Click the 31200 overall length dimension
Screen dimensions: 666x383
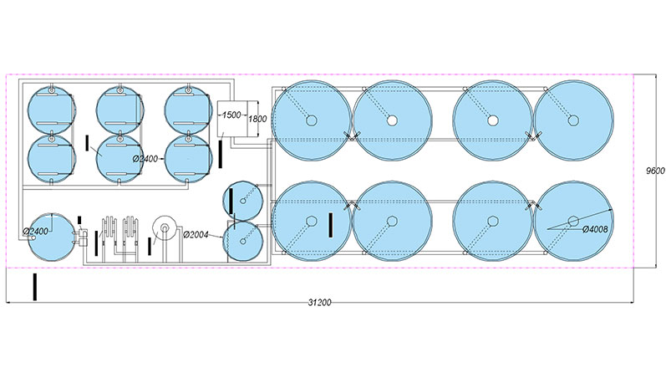pyautogui.click(x=319, y=303)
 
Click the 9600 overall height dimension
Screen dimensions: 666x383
pyautogui.click(x=655, y=171)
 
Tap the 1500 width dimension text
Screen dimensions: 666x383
pyautogui.click(x=231, y=115)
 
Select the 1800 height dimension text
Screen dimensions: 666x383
pyautogui.click(x=257, y=119)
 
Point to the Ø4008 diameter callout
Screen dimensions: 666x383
pyautogui.click(x=595, y=229)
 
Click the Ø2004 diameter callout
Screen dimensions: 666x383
pyautogui.click(x=196, y=234)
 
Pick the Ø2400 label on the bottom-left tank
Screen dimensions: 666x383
pyautogui.click(x=36, y=232)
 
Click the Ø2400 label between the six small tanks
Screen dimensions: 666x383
pyautogui.click(x=145, y=159)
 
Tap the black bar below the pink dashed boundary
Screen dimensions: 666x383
pyautogui.click(x=35, y=287)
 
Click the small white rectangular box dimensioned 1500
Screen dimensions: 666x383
pyautogui.click(x=231, y=119)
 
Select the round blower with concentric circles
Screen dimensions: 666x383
pyautogui.click(x=165, y=228)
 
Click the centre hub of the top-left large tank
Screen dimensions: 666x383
pyautogui.click(x=312, y=120)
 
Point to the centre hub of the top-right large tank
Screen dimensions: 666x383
pyautogui.click(x=573, y=120)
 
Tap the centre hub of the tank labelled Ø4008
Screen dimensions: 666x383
pyautogui.click(x=573, y=221)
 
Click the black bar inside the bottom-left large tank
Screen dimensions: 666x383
pyautogui.click(x=330, y=225)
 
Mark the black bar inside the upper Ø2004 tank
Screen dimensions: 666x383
pyautogui.click(x=231, y=201)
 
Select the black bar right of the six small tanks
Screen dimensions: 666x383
pyautogui.click(x=220, y=154)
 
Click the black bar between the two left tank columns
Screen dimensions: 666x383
pyautogui.click(x=87, y=143)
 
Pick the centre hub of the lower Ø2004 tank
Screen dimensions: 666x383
pyautogui.click(x=243, y=241)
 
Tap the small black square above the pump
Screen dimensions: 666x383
pyautogui.click(x=79, y=219)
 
